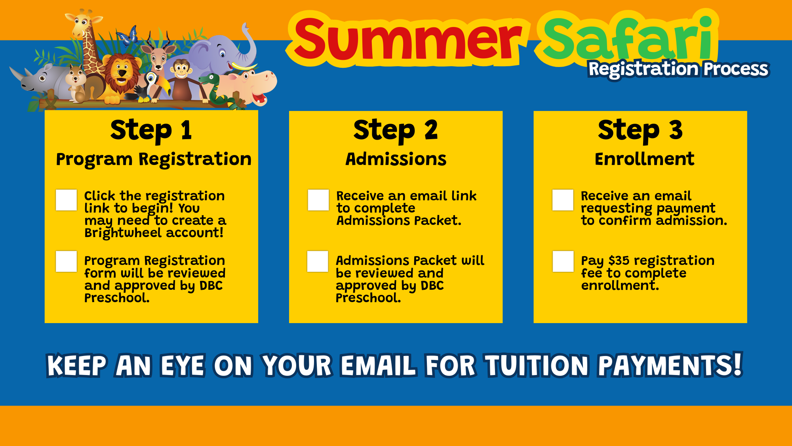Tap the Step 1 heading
point(151,130)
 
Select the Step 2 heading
point(396,130)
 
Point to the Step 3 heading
point(640,130)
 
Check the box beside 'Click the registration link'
point(66,200)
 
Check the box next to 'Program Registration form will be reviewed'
point(66,261)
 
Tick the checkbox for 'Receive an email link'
point(318,200)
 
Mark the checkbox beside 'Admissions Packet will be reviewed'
point(318,261)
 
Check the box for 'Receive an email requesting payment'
point(563,200)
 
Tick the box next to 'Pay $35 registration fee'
point(563,261)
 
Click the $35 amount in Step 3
point(619,260)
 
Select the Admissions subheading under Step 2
point(396,159)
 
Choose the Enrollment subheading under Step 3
point(644,159)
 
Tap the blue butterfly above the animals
point(128,36)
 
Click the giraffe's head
point(84,24)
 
